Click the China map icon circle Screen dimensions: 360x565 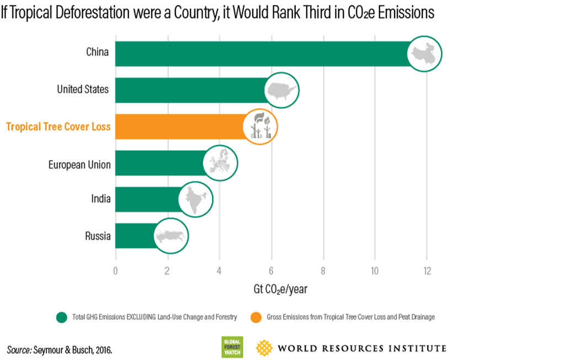425,53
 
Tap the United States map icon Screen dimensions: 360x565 281,89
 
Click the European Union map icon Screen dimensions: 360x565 220,163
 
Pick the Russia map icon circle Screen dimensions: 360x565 170,236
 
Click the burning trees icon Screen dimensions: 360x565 260,126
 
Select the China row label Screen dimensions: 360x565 97,52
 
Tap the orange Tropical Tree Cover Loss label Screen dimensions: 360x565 58,126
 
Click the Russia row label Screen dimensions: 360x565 98,236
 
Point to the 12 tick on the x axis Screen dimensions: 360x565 427,271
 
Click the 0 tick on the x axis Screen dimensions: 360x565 115,271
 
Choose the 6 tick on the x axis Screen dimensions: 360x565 271,271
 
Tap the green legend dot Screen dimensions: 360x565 62,317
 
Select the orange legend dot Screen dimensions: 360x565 256,317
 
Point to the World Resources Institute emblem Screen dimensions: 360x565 264,347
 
